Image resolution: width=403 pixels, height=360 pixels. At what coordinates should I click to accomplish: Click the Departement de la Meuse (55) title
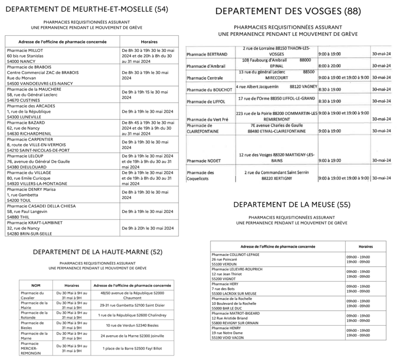[x=292, y=204]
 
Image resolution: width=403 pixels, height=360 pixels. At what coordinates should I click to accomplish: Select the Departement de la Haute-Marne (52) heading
[x=98, y=252]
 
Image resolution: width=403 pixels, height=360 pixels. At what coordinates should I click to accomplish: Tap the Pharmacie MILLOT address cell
[x=62, y=56]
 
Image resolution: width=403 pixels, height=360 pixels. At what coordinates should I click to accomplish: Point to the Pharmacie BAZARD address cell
[x=62, y=128]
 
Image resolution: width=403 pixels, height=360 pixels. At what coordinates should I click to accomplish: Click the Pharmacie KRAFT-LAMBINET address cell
[x=62, y=228]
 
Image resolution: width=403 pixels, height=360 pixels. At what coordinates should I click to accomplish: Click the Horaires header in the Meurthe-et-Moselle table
[x=149, y=42]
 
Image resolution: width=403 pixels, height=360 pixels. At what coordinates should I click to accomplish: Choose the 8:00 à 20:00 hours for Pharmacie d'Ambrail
[x=329, y=66]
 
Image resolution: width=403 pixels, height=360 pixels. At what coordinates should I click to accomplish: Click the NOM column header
[x=35, y=285]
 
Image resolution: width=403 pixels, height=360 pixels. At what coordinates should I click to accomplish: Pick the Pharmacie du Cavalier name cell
[x=35, y=295]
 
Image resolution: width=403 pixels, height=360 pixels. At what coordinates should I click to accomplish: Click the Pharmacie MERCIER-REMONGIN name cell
[x=35, y=348]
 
